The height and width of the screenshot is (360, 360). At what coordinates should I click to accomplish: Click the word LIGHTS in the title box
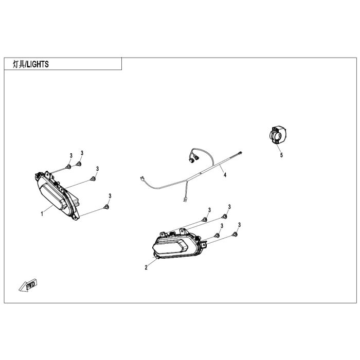click(38, 64)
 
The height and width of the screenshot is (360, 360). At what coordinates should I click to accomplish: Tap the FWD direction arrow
click(28, 285)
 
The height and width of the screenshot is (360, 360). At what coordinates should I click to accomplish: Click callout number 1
click(42, 214)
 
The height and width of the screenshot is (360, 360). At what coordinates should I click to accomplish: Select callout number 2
click(146, 267)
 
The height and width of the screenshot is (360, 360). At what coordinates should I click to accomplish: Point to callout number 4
click(225, 175)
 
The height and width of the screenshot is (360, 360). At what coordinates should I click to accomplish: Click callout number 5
click(281, 155)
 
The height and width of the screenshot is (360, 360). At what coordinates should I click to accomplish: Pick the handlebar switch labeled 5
click(277, 135)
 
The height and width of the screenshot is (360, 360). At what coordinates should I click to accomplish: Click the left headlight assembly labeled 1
click(57, 195)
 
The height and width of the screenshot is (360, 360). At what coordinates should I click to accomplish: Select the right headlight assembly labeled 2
click(179, 244)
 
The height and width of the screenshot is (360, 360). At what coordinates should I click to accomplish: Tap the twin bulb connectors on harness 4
click(194, 158)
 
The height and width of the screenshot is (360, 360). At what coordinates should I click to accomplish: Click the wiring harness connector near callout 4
click(240, 153)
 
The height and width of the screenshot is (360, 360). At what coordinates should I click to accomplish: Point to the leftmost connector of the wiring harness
click(142, 178)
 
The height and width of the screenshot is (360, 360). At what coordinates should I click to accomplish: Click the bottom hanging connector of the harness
click(185, 200)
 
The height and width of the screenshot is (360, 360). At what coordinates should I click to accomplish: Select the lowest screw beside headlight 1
click(106, 207)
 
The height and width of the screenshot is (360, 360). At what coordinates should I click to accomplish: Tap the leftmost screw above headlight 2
click(204, 220)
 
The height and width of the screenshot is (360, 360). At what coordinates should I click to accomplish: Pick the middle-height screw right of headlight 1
click(93, 179)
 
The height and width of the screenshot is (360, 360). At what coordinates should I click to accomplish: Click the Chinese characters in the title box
click(19, 64)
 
